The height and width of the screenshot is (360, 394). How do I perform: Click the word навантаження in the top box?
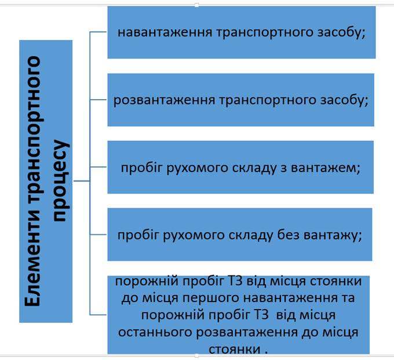(165, 32)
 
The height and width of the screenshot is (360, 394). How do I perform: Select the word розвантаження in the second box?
(164, 100)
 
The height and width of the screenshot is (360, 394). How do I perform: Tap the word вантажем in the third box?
(326, 168)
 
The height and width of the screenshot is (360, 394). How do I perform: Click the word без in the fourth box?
(288, 235)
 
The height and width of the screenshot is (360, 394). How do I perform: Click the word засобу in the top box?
(341, 32)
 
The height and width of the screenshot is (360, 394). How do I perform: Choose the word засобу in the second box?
(344, 100)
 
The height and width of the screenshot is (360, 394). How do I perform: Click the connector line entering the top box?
(99, 32)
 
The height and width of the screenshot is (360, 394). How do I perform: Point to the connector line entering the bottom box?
(99, 315)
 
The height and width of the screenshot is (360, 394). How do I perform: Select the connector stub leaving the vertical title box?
(82, 181)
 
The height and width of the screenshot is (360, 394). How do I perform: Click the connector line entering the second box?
(99, 100)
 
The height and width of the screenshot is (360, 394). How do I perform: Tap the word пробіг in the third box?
(142, 168)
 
